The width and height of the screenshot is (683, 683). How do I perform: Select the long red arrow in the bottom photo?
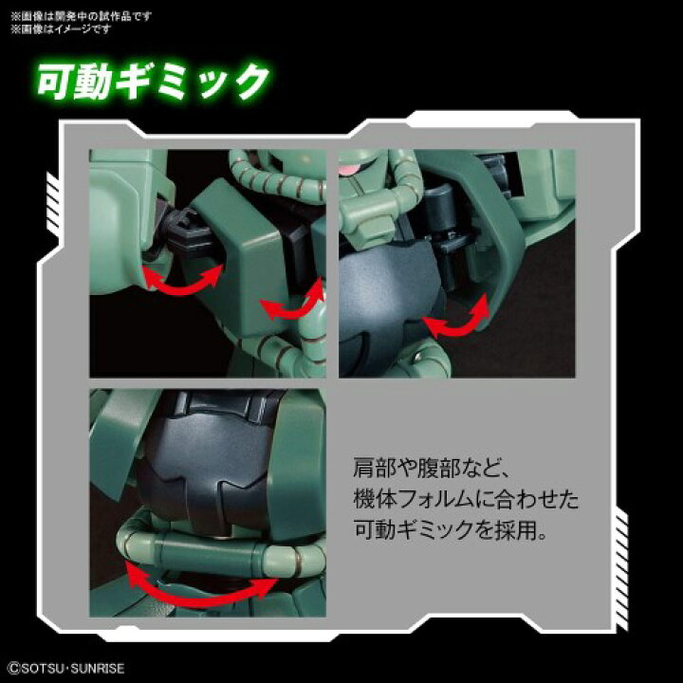click(x=210, y=582)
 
